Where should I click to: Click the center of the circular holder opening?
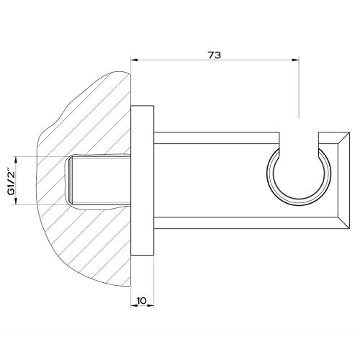(298, 176)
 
